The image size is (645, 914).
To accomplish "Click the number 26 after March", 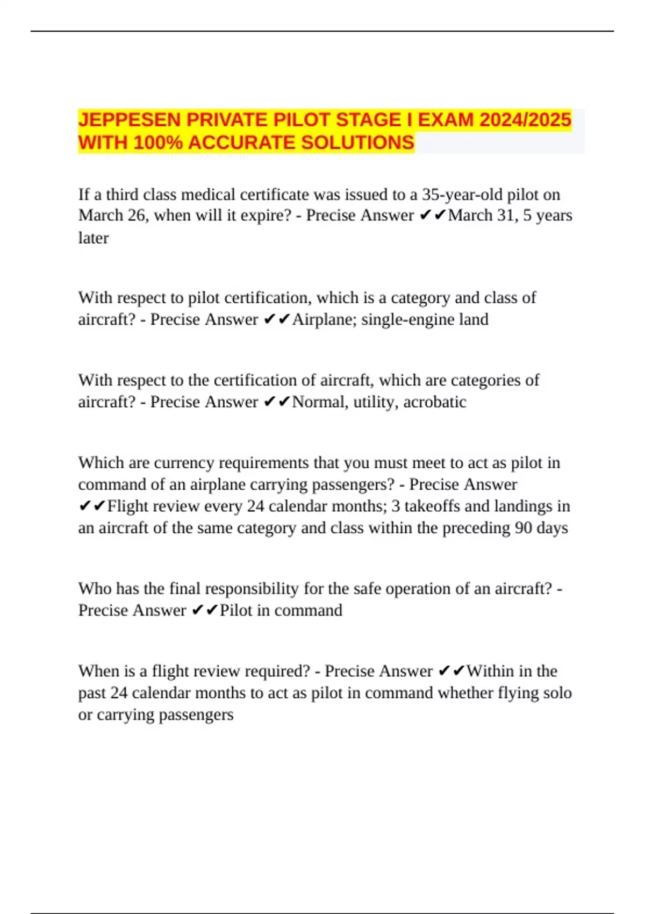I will tap(138, 216).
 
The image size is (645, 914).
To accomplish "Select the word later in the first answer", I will tap(93, 238).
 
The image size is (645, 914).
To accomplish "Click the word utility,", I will tap(376, 402).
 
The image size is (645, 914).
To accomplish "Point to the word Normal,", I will tap(320, 402).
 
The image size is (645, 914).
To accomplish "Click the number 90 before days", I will tap(523, 528).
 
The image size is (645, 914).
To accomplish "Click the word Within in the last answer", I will tap(490, 671).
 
